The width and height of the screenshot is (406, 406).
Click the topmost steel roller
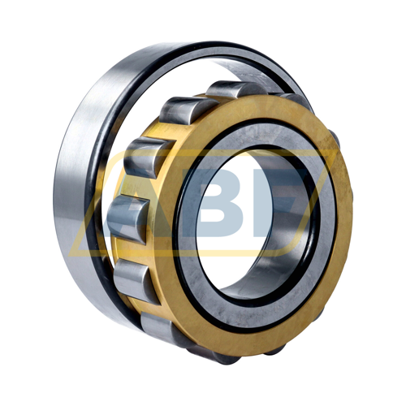click(x=235, y=89)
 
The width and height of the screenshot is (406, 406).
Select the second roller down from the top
click(x=187, y=110)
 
